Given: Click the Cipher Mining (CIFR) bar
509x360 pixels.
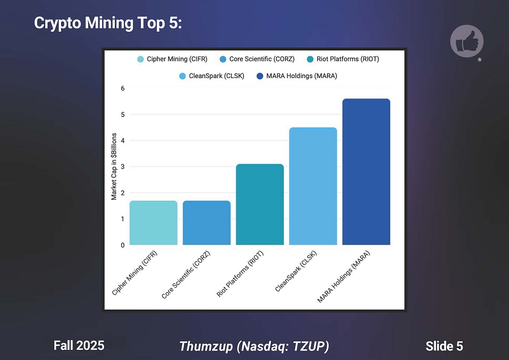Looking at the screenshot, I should (x=153, y=223).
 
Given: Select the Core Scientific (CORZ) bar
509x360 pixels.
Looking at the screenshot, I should (x=206, y=223).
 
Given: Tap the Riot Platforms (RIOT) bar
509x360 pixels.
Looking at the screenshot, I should (x=260, y=204).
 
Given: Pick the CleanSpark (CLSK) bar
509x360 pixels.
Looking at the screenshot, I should (x=313, y=186).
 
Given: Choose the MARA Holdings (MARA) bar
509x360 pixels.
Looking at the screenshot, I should (x=366, y=172).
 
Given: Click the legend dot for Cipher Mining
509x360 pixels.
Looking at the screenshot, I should (x=140, y=59).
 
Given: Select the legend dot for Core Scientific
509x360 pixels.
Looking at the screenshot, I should (x=222, y=59).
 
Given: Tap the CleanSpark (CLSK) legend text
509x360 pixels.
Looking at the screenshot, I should (x=218, y=76).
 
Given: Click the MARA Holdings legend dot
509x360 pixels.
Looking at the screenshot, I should (x=260, y=76).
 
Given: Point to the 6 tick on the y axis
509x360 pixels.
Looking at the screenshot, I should (x=122, y=88).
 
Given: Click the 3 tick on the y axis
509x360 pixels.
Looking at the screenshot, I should (x=122, y=167).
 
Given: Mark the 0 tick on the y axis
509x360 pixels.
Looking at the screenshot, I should (x=122, y=245).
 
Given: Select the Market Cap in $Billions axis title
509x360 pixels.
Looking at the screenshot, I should (x=114, y=167).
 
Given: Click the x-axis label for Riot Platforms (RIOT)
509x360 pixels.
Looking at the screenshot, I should (x=241, y=274).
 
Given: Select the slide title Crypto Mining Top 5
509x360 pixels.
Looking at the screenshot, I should (x=107, y=23).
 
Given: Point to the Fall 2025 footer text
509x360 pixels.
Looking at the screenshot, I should (x=79, y=345).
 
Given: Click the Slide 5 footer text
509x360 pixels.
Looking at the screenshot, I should (x=444, y=346).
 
